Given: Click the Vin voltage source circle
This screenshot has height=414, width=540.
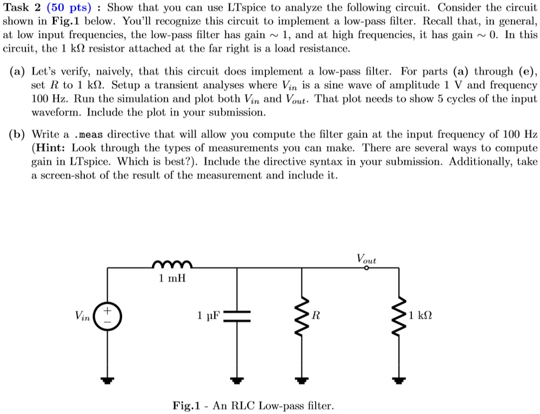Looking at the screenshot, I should click(108, 316).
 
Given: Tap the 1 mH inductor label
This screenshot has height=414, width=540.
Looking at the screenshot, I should click(172, 279).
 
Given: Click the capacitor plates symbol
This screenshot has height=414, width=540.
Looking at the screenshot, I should click(236, 316).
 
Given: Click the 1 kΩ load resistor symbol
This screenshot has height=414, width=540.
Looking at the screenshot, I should click(398, 316).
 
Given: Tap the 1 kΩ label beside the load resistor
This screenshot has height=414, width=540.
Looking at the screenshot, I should click(422, 315).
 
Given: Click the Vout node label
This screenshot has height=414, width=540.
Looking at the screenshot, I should click(366, 258).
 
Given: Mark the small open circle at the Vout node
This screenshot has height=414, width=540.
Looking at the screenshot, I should click(366, 267).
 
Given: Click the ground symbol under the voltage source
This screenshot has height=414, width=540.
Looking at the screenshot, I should click(108, 379).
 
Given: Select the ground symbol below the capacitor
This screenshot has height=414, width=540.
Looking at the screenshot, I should click(236, 379).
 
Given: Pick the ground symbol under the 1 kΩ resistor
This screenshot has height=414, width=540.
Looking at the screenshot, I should click(398, 379).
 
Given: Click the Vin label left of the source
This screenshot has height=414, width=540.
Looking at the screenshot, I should click(83, 315).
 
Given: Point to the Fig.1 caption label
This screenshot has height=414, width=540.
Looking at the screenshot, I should click(186, 405).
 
